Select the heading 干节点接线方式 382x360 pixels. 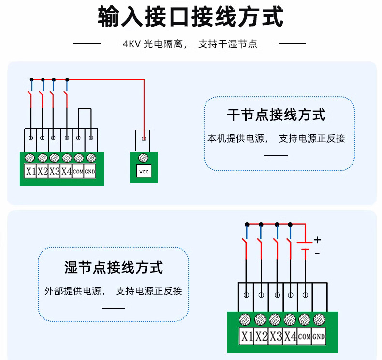276,115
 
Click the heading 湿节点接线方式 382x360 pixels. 114,267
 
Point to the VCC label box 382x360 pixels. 143,172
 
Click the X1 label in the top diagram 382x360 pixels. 31,171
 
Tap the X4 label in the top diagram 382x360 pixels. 66,171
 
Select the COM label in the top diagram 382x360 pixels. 78,172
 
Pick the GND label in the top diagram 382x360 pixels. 90,172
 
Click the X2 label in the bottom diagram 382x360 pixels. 261,336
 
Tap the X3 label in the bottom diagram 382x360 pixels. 276,336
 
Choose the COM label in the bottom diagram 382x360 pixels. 304,336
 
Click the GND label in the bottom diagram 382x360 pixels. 318,336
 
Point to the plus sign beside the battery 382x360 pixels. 317,240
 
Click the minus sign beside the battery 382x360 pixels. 317,253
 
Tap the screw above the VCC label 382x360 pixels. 143,158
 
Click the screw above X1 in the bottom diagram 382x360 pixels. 246,319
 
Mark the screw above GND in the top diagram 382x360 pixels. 91,158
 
